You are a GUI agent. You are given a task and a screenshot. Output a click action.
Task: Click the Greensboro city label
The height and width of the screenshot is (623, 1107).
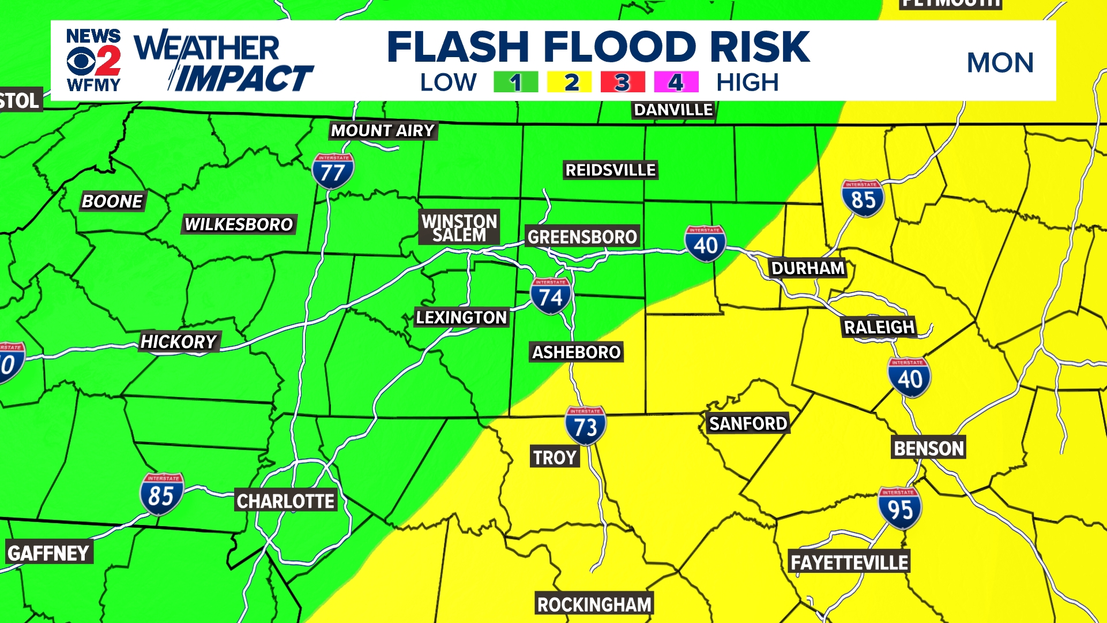[582, 237]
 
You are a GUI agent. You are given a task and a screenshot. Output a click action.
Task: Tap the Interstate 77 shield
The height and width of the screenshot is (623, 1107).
[333, 171]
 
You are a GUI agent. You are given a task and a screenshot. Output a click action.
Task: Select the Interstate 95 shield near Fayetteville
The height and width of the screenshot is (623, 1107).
[899, 508]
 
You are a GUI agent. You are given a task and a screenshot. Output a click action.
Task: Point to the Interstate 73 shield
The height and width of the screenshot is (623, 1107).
[585, 426]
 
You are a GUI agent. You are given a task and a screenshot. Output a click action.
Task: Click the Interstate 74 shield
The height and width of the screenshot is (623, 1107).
[551, 297]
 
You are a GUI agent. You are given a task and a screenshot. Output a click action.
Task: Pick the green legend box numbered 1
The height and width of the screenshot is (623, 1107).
[515, 82]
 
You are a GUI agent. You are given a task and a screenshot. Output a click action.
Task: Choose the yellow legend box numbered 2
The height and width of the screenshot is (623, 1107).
[569, 82]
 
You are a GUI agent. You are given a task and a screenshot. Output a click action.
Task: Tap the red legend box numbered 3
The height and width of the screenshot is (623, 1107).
[622, 82]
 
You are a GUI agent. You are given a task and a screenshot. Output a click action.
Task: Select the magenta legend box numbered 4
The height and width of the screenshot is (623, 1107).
[676, 82]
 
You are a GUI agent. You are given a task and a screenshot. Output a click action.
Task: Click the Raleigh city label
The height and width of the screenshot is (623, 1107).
[879, 327]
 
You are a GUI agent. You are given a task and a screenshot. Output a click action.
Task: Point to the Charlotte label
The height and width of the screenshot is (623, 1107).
[285, 501]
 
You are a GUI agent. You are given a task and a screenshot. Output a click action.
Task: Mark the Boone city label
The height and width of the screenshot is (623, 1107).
[112, 201]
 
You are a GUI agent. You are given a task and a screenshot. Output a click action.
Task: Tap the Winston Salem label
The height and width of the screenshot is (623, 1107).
[459, 228]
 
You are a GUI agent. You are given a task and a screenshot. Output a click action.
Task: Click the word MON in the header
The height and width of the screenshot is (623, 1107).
[1000, 63]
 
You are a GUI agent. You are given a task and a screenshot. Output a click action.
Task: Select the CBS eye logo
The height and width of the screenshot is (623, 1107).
[80, 61]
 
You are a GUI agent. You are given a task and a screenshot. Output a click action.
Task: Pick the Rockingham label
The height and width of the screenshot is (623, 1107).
[594, 605]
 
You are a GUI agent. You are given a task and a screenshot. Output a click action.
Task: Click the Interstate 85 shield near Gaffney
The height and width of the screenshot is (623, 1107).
[161, 494]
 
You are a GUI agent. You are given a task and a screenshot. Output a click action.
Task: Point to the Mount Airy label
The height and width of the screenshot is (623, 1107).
[382, 131]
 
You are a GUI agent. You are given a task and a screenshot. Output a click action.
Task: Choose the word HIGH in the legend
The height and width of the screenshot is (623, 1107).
[747, 82]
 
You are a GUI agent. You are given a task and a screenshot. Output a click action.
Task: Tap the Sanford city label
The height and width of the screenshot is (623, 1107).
[748, 423]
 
